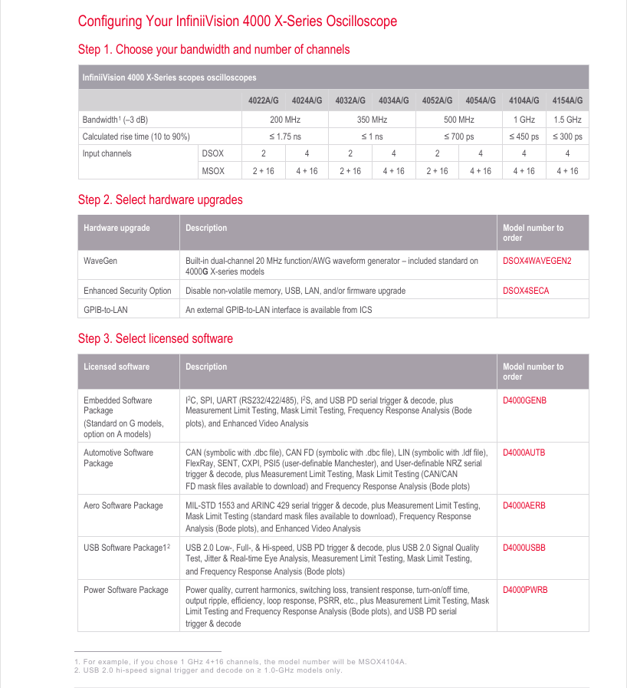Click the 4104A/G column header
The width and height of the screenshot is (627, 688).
pyautogui.click(x=524, y=100)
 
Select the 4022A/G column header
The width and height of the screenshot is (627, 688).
pyautogui.click(x=263, y=100)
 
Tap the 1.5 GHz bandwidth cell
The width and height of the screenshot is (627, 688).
pyautogui.click(x=567, y=120)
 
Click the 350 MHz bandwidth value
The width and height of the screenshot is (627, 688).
pyautogui.click(x=372, y=120)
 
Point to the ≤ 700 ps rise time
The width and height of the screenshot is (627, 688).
pyautogui.click(x=458, y=137)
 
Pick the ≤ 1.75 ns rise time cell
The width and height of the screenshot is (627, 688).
pyautogui.click(x=285, y=137)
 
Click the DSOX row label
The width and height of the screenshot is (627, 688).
pyautogui.click(x=212, y=153)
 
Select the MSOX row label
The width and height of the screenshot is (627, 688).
pyautogui.click(x=212, y=171)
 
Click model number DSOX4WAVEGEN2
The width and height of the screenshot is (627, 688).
pyautogui.click(x=537, y=261)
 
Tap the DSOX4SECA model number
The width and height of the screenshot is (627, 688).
pyautogui.click(x=526, y=291)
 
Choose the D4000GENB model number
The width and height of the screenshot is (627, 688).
pyautogui.click(x=524, y=400)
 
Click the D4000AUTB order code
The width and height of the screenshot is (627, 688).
pyautogui.click(x=524, y=453)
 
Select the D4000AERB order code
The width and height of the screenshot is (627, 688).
pyautogui.click(x=524, y=505)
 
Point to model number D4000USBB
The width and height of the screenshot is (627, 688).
pyautogui.click(x=524, y=548)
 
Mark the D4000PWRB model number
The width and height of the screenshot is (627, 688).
pyautogui.click(x=525, y=590)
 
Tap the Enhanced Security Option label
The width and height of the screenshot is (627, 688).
pyautogui.click(x=127, y=291)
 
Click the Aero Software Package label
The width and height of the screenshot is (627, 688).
pyautogui.click(x=123, y=505)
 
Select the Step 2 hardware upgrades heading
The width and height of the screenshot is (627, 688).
pyautogui.click(x=160, y=200)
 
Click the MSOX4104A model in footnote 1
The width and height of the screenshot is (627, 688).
pyautogui.click(x=382, y=661)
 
